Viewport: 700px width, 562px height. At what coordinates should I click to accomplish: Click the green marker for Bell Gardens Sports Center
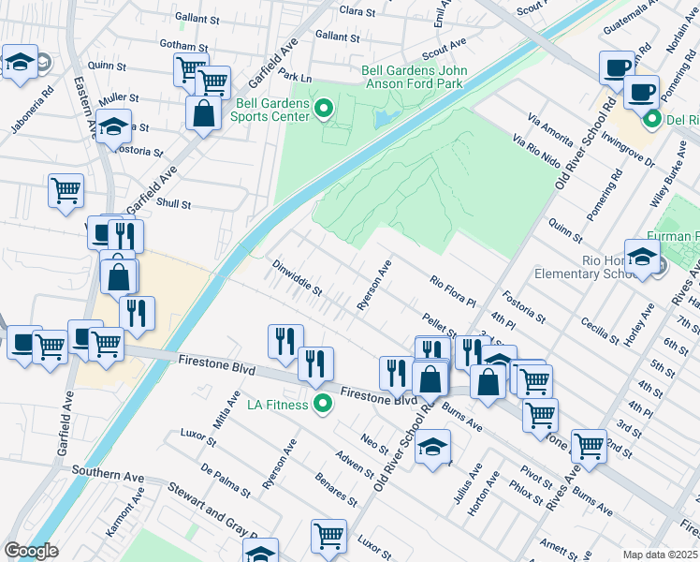(325, 110)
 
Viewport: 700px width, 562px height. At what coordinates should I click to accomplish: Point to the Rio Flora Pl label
(454, 289)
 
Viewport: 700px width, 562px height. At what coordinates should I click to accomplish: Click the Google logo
(31, 550)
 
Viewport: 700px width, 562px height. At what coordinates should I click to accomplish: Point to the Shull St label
(174, 204)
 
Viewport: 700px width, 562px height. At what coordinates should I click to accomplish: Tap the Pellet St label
(438, 326)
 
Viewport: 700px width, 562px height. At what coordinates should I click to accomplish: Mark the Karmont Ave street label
(124, 510)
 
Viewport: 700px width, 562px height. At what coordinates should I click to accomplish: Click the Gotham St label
(183, 46)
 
